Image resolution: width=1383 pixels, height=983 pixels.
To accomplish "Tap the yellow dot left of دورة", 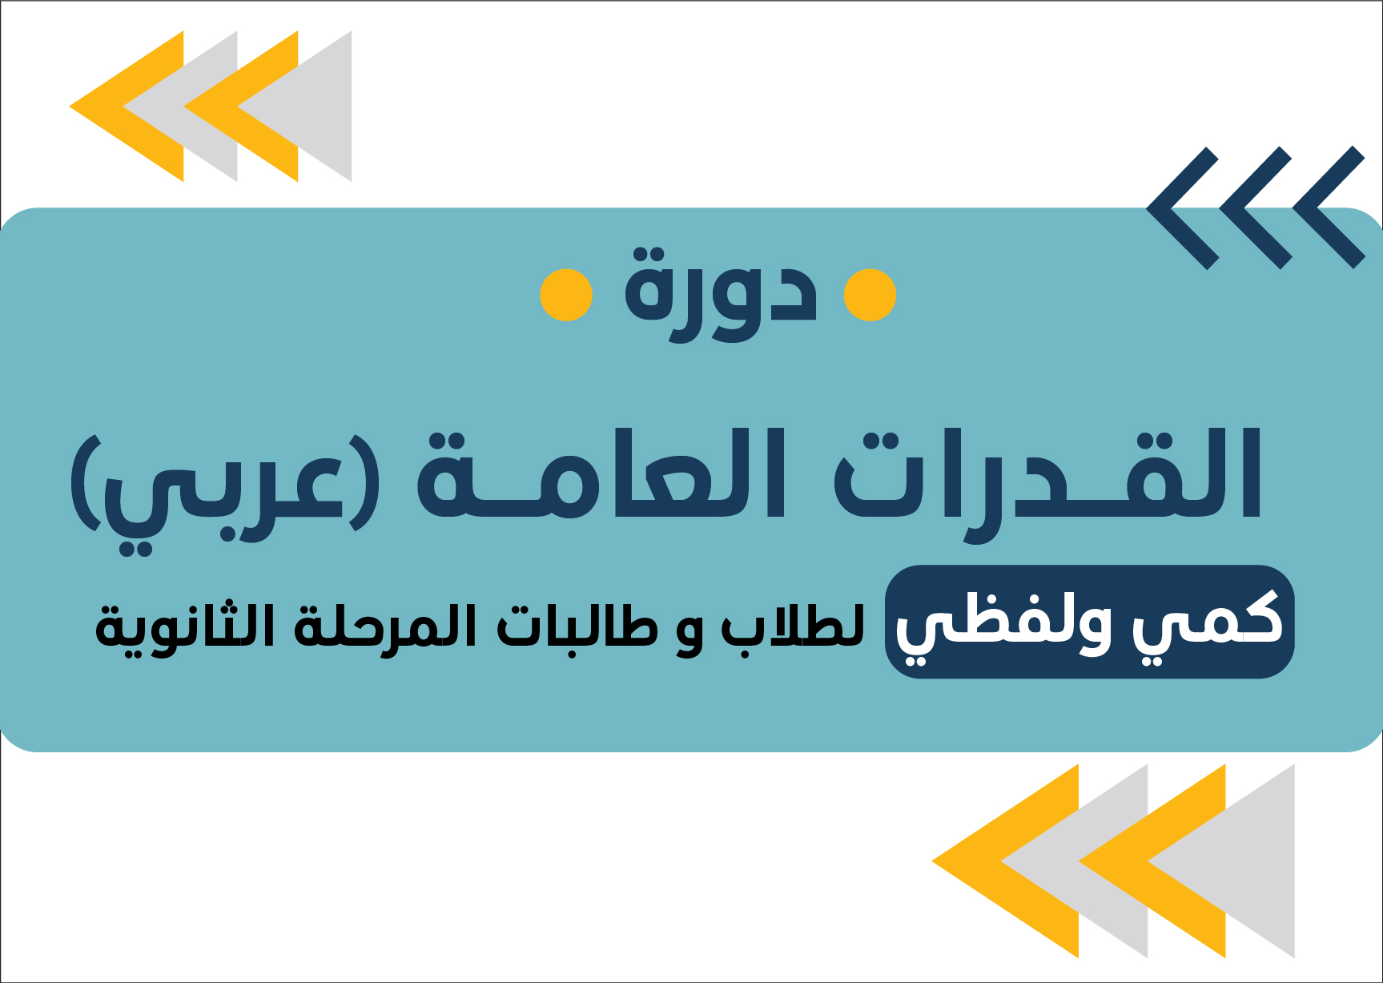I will point(566,295).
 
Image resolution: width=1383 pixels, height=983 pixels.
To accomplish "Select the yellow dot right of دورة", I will point(870,295).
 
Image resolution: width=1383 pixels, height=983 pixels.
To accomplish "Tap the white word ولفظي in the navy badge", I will point(1005,625).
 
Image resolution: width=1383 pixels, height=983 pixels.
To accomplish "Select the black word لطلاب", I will point(793,626).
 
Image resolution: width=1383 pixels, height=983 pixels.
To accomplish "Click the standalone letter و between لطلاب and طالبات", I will point(689,633).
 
